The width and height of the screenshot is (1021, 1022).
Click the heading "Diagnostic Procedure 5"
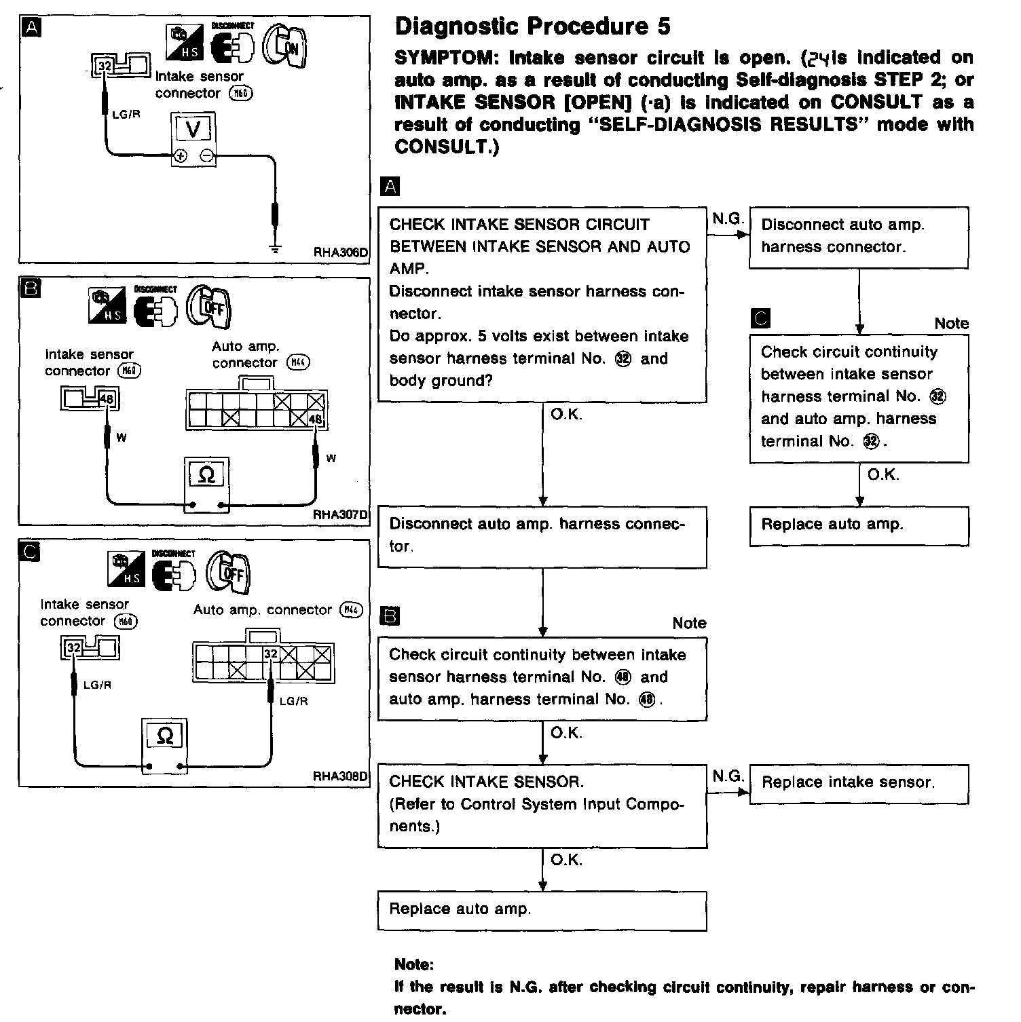pyautogui.click(x=532, y=27)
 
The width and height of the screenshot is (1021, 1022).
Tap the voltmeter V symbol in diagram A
pyautogui.click(x=193, y=129)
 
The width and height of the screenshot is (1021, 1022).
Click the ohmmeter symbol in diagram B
pyautogui.click(x=206, y=476)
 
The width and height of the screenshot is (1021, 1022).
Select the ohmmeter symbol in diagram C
pyautogui.click(x=164, y=735)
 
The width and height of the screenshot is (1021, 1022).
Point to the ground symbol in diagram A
pyautogui.click(x=275, y=248)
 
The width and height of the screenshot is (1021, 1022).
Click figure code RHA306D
pyautogui.click(x=340, y=252)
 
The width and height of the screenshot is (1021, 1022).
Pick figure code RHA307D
pyautogui.click(x=340, y=514)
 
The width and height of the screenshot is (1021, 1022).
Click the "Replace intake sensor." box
pyautogui.click(x=859, y=784)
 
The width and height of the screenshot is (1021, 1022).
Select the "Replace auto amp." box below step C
pyautogui.click(x=859, y=525)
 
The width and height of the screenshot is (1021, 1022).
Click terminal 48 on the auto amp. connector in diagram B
pyautogui.click(x=316, y=419)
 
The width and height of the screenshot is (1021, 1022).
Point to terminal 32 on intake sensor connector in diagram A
pyautogui.click(x=104, y=66)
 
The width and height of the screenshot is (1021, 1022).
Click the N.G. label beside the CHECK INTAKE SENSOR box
pyautogui.click(x=727, y=775)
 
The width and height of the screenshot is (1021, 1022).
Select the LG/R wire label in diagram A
pyautogui.click(x=126, y=115)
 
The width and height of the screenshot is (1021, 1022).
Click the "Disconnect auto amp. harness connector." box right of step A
pyautogui.click(x=859, y=237)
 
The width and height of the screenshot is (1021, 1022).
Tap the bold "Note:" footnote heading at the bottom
pyautogui.click(x=413, y=964)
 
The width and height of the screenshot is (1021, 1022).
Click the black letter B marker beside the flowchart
pyautogui.click(x=392, y=616)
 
